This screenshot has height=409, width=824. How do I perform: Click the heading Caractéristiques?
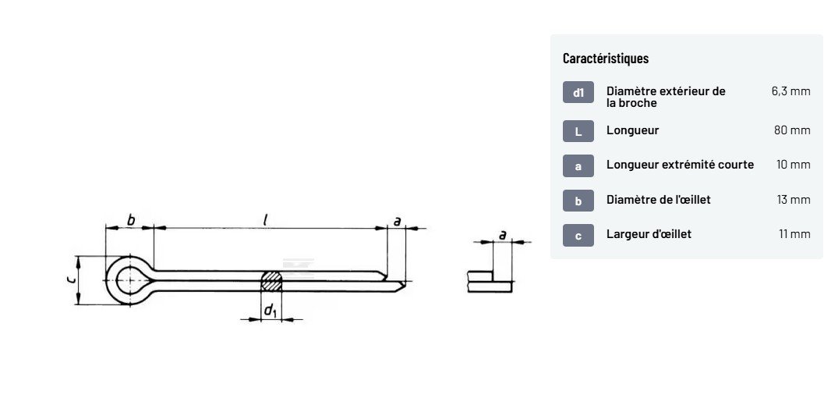606,58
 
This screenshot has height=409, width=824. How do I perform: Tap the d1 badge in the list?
578,92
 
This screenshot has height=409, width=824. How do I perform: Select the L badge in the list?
578,131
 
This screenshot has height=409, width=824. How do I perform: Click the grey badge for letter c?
578,235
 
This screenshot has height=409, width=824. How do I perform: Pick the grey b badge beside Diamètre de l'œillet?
578,201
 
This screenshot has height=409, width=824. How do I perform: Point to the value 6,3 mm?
791,91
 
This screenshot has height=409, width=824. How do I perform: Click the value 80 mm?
792,130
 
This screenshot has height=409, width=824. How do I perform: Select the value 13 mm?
794,200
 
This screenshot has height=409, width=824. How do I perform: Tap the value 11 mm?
794,233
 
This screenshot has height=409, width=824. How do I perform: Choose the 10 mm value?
794,164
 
